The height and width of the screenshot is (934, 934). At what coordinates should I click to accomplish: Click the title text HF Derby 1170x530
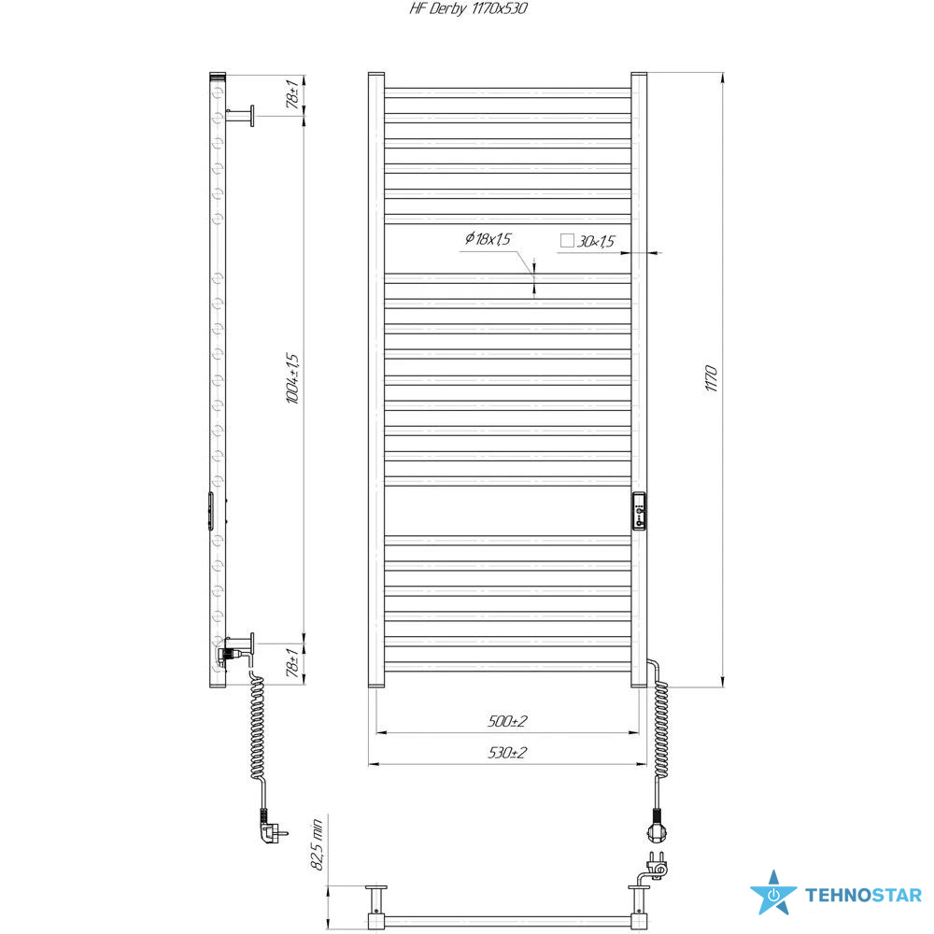tap(468, 8)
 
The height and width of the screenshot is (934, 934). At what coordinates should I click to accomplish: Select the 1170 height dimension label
tap(711, 379)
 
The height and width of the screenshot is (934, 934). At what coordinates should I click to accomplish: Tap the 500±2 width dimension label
tap(507, 721)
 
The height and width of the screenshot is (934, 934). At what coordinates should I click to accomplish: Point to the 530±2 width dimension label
tap(507, 753)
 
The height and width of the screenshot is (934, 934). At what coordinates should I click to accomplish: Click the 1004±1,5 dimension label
tap(292, 379)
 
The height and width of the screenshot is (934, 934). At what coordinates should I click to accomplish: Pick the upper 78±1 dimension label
tap(292, 93)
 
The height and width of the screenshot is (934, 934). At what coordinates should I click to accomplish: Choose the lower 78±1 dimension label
tap(292, 663)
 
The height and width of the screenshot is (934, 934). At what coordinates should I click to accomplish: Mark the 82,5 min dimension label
tap(317, 844)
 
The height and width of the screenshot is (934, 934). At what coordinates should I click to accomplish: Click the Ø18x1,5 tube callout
tap(488, 239)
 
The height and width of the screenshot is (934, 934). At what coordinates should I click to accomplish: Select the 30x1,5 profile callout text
tap(596, 241)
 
